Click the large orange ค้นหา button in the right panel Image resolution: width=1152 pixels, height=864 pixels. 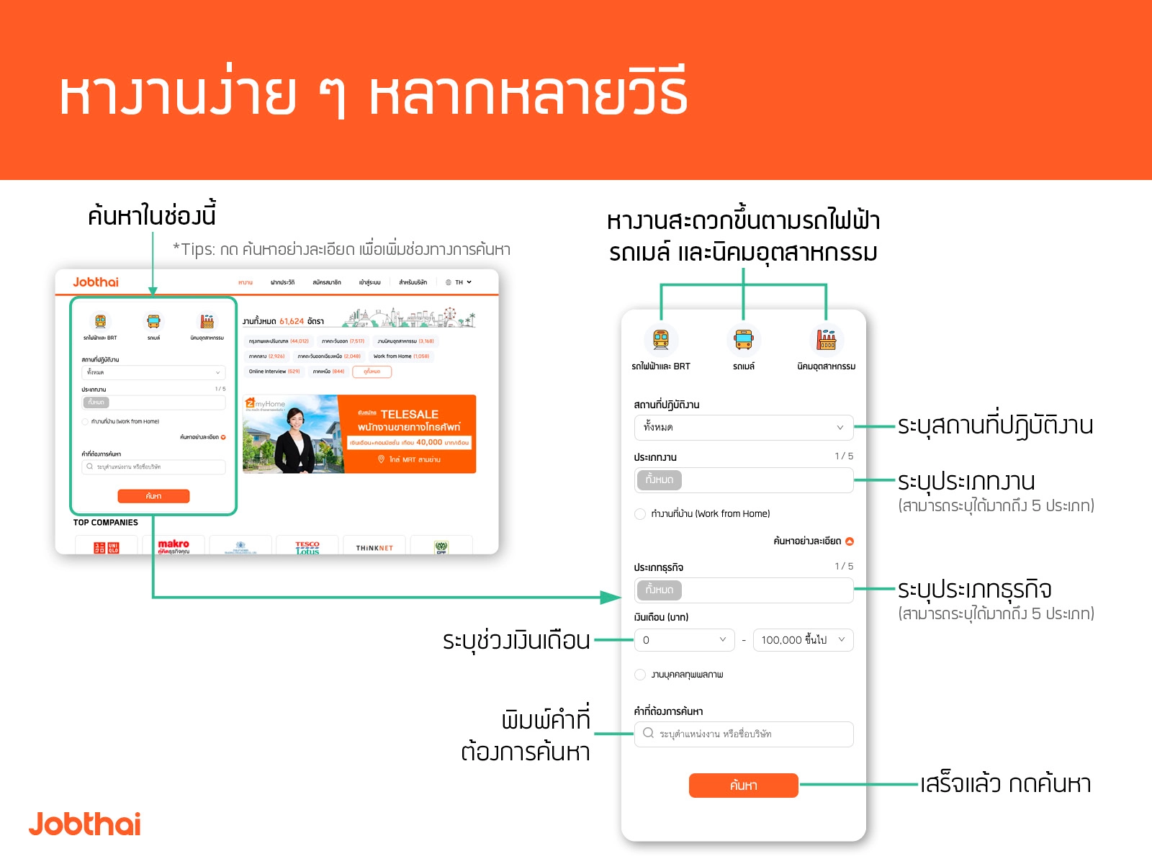coord(743,786)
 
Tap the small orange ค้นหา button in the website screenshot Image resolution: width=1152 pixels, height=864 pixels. coord(153,496)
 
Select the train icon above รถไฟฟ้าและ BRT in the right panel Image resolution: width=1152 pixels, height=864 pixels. coord(661,339)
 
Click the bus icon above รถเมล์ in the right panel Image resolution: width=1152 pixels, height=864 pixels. coord(744,339)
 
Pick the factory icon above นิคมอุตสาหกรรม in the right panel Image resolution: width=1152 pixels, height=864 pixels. coord(826,339)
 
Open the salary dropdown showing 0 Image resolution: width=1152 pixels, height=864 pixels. coord(684,640)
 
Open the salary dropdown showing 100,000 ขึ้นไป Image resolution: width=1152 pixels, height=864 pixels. coord(803,640)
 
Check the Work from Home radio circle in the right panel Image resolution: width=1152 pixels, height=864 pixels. coord(640,514)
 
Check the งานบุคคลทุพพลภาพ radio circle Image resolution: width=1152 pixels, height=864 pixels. coord(640,675)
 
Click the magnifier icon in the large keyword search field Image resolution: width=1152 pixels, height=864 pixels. coord(648,733)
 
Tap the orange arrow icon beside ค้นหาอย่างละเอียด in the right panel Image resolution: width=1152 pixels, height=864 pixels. coord(850,541)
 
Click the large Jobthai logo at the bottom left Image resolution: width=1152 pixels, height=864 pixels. coord(85,824)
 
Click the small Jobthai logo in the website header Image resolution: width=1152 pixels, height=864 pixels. coord(96,282)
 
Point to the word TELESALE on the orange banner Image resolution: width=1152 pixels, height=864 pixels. coord(409,414)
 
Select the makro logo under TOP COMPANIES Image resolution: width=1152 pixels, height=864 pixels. coord(174,546)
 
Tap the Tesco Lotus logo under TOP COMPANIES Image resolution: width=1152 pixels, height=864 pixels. coord(307,547)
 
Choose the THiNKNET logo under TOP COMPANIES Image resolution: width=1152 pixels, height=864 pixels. coord(374,548)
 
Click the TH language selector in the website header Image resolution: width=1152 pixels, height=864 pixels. coord(459,282)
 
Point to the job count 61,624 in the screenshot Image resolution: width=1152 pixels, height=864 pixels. coord(292,321)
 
